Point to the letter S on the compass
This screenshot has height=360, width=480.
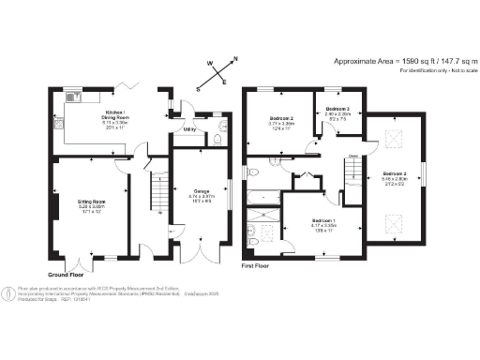(198, 90)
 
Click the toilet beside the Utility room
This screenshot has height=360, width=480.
(217, 141)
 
